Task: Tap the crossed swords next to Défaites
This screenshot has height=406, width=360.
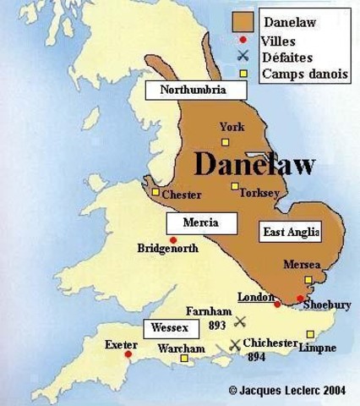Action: (244, 57)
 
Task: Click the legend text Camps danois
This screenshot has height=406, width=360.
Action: (304, 74)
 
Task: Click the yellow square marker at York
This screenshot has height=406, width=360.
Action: (226, 140)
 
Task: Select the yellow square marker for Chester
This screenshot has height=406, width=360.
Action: (155, 192)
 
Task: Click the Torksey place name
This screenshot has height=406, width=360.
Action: (259, 194)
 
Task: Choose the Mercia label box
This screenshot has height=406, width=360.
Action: (199, 222)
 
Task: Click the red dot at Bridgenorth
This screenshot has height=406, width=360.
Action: (173, 240)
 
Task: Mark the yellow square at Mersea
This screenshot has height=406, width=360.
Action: (308, 280)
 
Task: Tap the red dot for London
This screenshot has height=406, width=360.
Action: (276, 303)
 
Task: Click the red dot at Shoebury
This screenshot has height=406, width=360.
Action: (300, 298)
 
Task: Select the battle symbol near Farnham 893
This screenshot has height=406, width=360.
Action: (240, 321)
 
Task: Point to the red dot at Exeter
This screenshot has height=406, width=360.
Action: (128, 354)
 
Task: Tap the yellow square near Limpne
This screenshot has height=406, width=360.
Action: (310, 333)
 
